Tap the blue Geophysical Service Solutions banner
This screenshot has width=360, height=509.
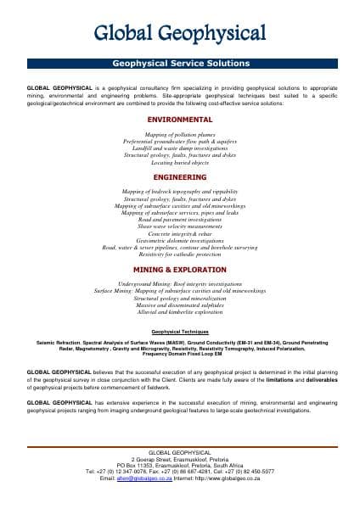pyautogui.click(x=180, y=64)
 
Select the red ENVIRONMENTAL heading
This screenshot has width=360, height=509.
pyautogui.click(x=180, y=120)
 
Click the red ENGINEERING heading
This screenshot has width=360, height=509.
pyautogui.click(x=180, y=177)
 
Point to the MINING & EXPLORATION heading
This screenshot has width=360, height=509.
pyautogui.click(x=180, y=269)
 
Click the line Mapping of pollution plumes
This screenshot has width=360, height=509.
pyautogui.click(x=180, y=135)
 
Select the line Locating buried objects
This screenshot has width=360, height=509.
pyautogui.click(x=180, y=162)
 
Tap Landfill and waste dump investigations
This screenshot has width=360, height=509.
pyautogui.click(x=180, y=148)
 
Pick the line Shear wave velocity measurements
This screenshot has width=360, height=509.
pyautogui.click(x=180, y=227)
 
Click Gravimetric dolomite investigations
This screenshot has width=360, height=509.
pyautogui.click(x=180, y=240)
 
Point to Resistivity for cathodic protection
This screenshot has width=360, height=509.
pyautogui.click(x=180, y=254)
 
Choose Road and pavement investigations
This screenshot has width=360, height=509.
pyautogui.click(x=180, y=220)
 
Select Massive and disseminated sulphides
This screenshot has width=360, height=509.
pyautogui.click(x=180, y=304)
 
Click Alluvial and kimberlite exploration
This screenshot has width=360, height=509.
pyautogui.click(x=180, y=310)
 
